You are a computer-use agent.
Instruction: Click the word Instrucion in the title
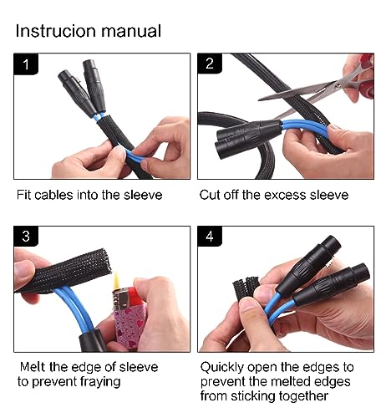click(x=56, y=30)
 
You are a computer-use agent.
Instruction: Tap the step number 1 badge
click(x=26, y=64)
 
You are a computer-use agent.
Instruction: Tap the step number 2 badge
click(x=210, y=64)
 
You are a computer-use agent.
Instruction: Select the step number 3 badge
click(x=26, y=236)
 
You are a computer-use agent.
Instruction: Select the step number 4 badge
click(x=210, y=236)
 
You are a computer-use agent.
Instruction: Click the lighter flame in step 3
click(x=117, y=280)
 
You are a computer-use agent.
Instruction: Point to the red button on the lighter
click(x=136, y=297)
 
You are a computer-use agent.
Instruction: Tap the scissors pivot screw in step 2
click(x=338, y=85)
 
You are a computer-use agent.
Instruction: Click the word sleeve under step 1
click(x=143, y=195)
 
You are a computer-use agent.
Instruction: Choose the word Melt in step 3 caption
click(x=33, y=367)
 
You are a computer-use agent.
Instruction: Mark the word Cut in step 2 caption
click(x=210, y=195)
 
